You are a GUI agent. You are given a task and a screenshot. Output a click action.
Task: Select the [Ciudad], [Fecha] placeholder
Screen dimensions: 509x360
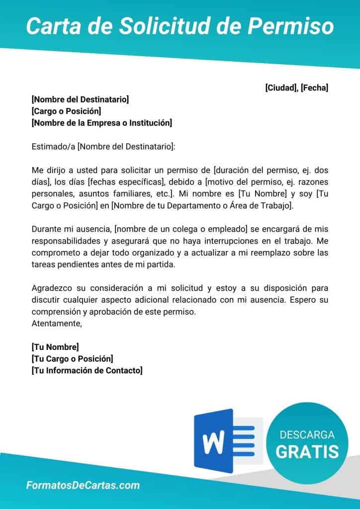[296, 88]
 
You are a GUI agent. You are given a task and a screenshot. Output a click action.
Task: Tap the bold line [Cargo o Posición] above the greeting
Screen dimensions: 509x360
[66, 111]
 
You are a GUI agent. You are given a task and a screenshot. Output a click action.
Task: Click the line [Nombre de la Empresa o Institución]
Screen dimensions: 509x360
[101, 122]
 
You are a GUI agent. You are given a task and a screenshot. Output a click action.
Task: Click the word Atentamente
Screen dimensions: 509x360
[56, 323]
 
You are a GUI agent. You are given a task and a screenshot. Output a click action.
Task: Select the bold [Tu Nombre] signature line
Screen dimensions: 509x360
[55, 347]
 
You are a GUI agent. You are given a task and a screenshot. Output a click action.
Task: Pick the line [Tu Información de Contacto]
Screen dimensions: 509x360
[87, 370]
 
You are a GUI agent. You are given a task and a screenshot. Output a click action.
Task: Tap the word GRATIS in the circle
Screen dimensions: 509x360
[307, 451]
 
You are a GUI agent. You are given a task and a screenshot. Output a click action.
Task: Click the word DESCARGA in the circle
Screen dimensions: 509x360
[307, 435]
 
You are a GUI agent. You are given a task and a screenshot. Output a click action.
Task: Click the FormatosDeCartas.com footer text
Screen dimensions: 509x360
[83, 486]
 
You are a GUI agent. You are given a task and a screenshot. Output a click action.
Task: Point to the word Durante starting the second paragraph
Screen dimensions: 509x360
[47, 229]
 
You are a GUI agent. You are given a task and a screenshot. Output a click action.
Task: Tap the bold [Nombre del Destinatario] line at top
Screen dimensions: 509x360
[80, 99]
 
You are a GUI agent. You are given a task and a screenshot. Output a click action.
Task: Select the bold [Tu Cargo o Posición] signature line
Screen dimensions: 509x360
[72, 358]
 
